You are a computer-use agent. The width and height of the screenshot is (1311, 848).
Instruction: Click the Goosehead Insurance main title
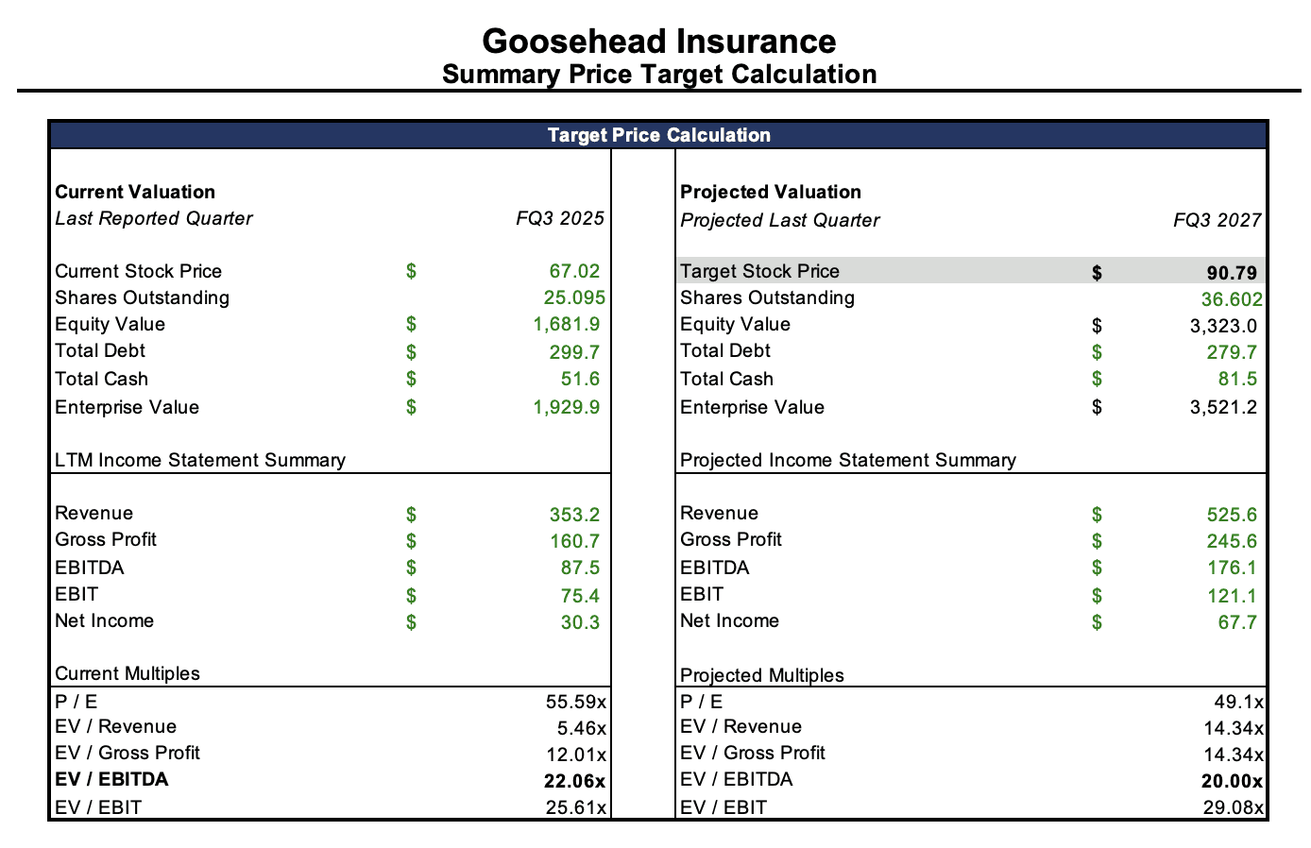[658, 42]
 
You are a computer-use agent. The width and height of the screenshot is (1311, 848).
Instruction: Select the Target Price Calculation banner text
[658, 135]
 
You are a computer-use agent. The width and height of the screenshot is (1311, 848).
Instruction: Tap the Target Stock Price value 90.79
[1232, 273]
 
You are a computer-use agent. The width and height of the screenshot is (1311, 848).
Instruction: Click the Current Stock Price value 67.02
[574, 272]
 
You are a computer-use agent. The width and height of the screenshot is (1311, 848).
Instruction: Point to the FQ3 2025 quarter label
[559, 219]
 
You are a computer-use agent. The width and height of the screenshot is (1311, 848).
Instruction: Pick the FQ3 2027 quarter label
[1217, 220]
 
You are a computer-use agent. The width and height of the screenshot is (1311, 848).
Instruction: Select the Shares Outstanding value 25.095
[574, 298]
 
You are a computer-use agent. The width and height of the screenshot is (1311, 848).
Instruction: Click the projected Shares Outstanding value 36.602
[1232, 299]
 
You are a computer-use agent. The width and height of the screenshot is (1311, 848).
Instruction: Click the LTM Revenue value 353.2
[574, 515]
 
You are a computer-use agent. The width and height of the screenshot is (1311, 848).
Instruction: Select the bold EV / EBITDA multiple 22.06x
[575, 781]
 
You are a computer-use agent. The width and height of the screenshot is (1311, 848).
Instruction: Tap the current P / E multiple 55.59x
[575, 702]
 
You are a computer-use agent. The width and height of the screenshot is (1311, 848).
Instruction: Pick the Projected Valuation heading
[771, 192]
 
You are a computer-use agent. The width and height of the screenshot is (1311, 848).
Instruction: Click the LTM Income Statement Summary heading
[200, 460]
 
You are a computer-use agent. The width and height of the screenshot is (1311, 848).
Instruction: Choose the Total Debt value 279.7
[1232, 352]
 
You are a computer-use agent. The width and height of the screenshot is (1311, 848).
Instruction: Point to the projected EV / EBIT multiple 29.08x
[1233, 808]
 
